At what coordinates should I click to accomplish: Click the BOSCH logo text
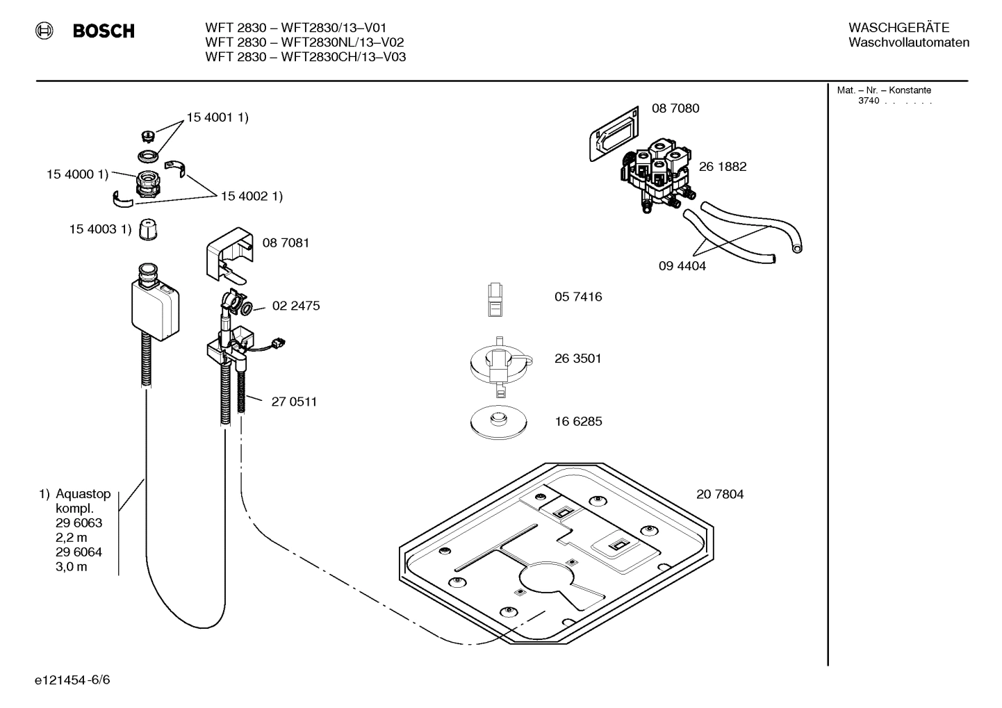point(104,31)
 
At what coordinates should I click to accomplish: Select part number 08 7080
point(675,108)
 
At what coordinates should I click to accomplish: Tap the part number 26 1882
point(723,167)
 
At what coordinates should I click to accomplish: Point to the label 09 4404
point(682,266)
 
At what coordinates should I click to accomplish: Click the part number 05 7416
point(577,297)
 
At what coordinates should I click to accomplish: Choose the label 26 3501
point(577,359)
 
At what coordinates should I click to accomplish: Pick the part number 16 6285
point(577,422)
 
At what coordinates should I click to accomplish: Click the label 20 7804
point(719,495)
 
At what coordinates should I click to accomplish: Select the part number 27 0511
point(294,402)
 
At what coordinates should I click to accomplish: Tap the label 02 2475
point(296,306)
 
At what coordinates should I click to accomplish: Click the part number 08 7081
point(286,243)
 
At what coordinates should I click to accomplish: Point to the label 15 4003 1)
point(99,229)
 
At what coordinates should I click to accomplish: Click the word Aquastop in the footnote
point(83,494)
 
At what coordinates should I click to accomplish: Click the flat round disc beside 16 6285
point(498,421)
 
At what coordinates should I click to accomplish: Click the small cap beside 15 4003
point(147,229)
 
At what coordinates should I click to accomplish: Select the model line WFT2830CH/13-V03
point(305,57)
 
